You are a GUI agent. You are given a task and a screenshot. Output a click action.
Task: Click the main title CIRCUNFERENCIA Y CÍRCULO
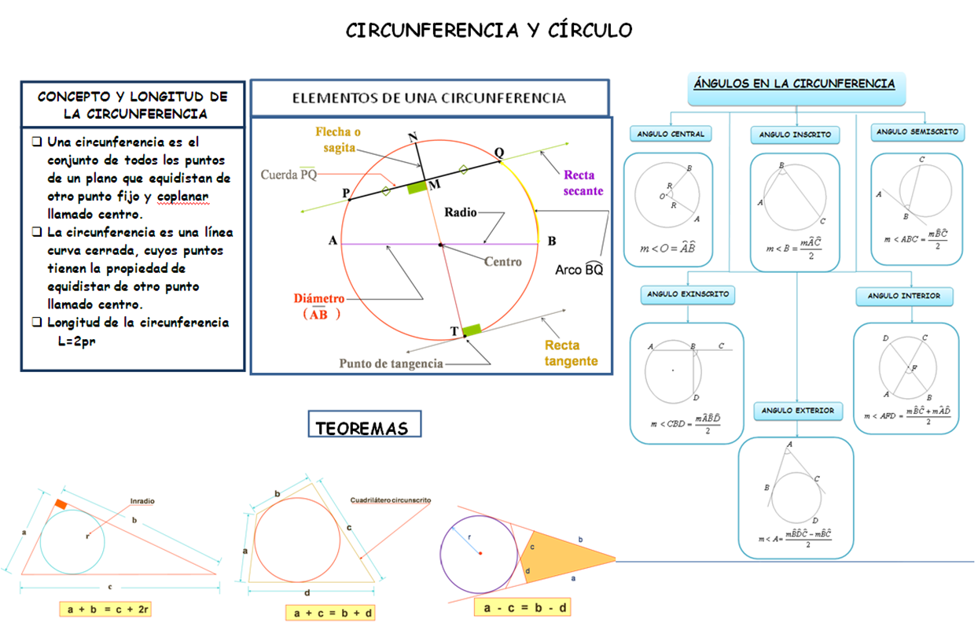pos(489,31)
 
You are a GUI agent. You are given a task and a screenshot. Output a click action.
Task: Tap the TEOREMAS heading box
pos(364,428)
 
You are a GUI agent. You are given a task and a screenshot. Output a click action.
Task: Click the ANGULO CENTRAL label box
pos(671,134)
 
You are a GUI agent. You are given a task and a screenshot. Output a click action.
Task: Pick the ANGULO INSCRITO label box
pos(795,135)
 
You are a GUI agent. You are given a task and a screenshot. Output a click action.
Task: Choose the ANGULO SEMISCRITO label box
pos(917,132)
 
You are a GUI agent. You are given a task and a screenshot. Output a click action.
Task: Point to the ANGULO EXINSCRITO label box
pos(688,295)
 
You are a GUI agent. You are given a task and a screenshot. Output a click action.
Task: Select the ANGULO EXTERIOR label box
pos(797,411)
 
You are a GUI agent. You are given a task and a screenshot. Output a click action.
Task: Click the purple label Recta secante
pos(583,183)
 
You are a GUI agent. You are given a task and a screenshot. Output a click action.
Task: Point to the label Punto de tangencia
pos(391,363)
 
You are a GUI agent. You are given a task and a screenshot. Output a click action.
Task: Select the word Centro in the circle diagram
pos(502,261)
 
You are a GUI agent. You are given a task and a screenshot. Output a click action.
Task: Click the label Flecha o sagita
pos(344,139)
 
